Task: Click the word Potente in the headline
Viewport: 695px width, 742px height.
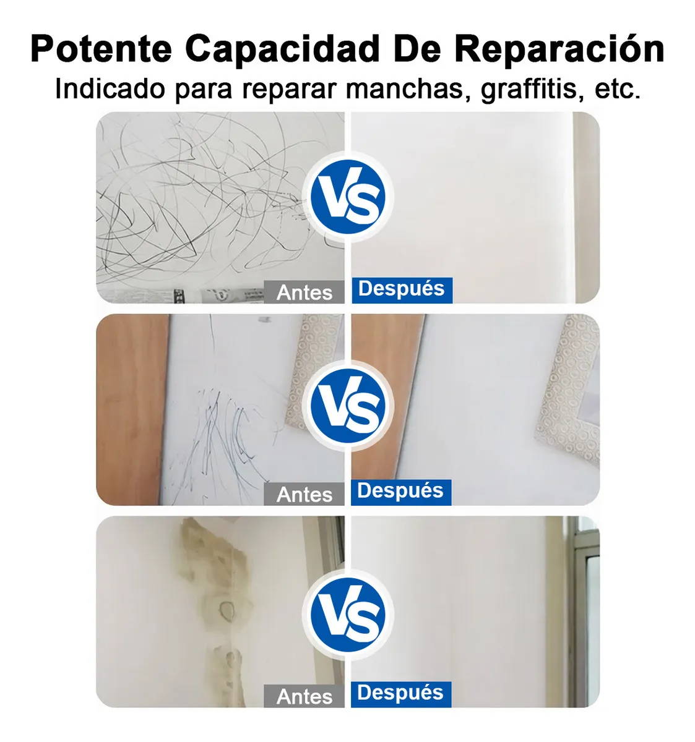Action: (x=101, y=49)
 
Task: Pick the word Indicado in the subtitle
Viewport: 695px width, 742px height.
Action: (x=110, y=89)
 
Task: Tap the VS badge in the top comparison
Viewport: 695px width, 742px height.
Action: (x=348, y=197)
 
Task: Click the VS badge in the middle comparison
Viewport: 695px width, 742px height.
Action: (x=348, y=406)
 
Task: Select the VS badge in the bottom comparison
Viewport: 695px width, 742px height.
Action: (x=348, y=615)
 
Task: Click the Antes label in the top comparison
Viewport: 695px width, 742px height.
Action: (x=304, y=292)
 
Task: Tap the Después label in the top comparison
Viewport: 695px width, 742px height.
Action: (x=402, y=290)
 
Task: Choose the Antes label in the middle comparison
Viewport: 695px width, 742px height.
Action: (x=304, y=494)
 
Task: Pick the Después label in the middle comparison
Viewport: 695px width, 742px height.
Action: (x=401, y=492)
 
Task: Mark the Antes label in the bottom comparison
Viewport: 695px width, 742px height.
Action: (x=304, y=696)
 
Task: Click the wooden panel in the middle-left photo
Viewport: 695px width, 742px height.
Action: (x=132, y=409)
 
